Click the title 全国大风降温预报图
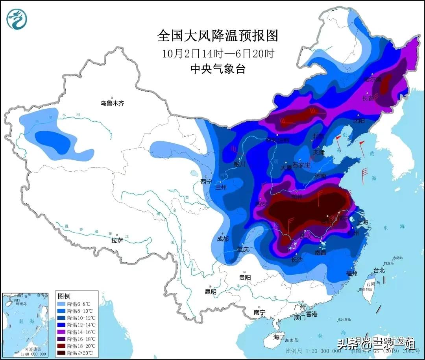(x=218, y=36)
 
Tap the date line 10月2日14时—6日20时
(x=218, y=53)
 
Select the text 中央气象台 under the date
(x=218, y=69)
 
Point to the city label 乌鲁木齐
(x=112, y=103)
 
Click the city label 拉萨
(x=117, y=240)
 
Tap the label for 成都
(x=223, y=239)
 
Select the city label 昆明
(x=211, y=292)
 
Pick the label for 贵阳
(x=245, y=277)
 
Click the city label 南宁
(x=259, y=312)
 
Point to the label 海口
(x=279, y=337)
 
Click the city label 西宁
(x=206, y=182)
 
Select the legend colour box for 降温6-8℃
(x=61, y=304)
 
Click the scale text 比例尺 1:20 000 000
(x=313, y=351)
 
